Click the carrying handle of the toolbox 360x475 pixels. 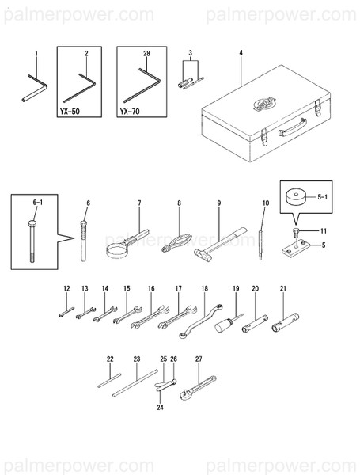point(293,127)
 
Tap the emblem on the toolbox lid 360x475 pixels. point(264,103)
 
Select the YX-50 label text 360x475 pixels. point(70,112)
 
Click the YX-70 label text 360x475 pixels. point(130,112)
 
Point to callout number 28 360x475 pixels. point(146,53)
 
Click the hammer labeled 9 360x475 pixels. point(221,245)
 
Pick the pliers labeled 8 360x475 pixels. point(176,243)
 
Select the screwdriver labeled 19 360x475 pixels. point(229,323)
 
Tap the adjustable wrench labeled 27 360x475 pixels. point(198,388)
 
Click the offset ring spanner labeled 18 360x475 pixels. point(201,321)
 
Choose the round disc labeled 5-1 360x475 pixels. point(296,197)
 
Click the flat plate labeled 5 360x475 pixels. point(296,249)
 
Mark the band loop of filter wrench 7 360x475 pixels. point(117,252)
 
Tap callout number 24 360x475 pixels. point(160,408)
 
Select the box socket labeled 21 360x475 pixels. point(285,323)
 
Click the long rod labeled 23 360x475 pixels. point(135,383)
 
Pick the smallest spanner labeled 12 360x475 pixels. point(66,312)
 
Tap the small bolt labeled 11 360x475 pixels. point(295,232)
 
